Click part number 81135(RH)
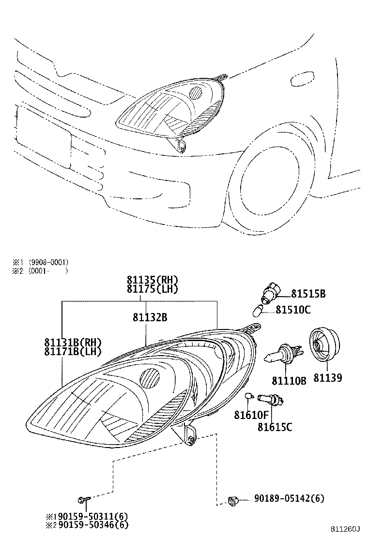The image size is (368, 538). (x=153, y=280)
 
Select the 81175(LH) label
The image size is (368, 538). (x=153, y=289)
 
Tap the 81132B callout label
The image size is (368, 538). (x=150, y=317)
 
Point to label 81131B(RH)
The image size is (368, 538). (x=73, y=342)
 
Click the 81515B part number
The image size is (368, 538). (x=308, y=294)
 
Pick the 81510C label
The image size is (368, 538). (x=293, y=310)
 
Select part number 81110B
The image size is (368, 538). (x=289, y=380)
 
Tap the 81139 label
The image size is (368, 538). (x=327, y=378)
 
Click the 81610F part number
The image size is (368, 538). (x=251, y=415)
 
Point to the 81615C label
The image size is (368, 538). (x=275, y=427)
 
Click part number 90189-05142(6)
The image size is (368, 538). (x=289, y=498)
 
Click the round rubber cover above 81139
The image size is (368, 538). (x=324, y=344)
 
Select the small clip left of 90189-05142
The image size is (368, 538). (x=233, y=502)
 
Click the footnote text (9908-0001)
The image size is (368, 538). (x=48, y=263)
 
